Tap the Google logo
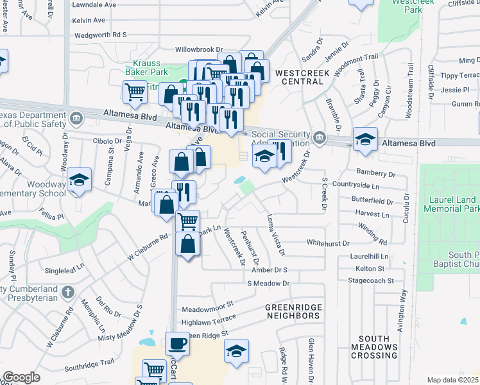pyautogui.click(x=21, y=377)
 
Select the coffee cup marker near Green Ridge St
pyautogui.click(x=177, y=343)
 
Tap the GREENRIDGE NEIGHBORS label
pyautogui.click(x=293, y=312)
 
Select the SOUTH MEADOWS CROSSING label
pyautogui.click(x=378, y=346)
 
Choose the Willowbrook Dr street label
pyautogui.click(x=200, y=49)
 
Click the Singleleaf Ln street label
pyautogui.click(x=62, y=266)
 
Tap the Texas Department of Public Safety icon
pyautogui.click(x=76, y=117)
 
